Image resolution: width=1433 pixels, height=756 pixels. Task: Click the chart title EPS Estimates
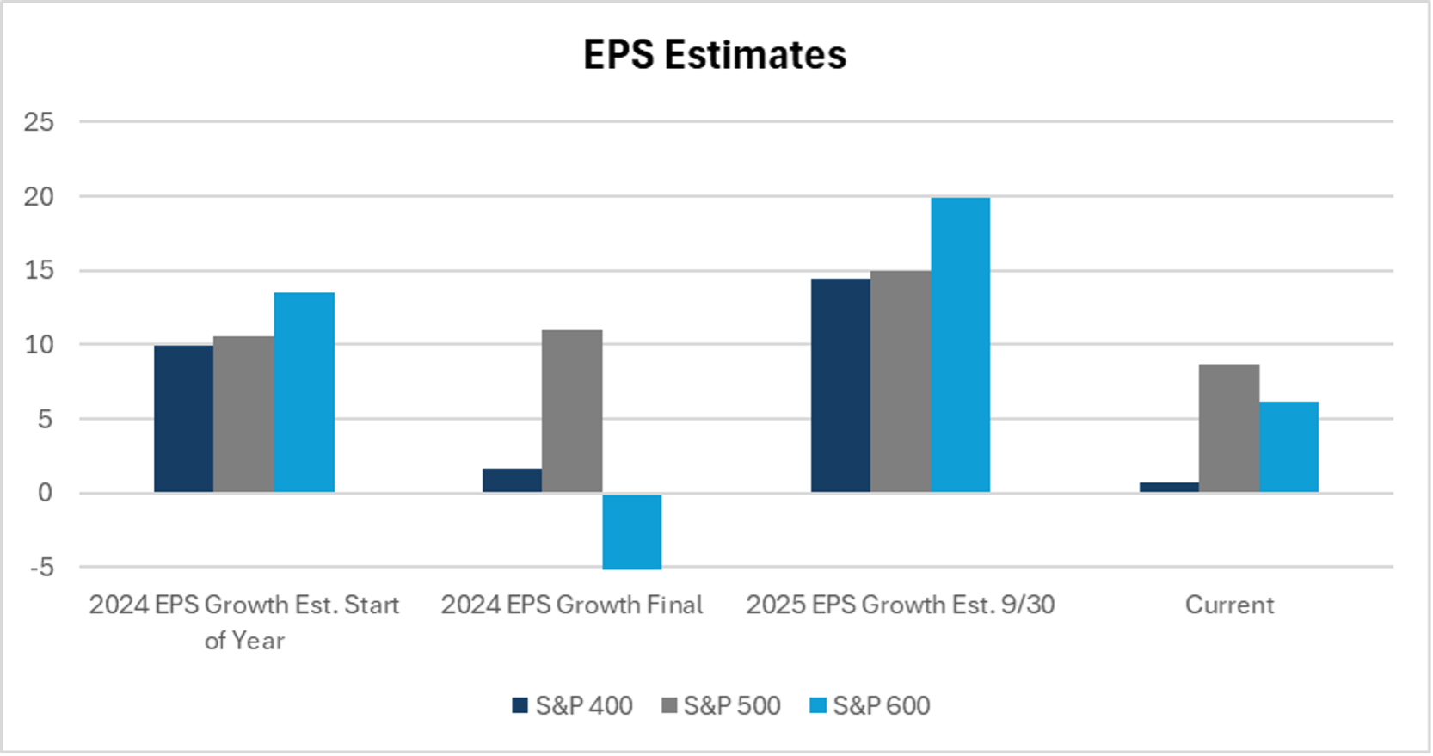pyautogui.click(x=715, y=54)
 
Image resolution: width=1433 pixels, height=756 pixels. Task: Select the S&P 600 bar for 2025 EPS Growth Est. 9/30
pyautogui.click(x=960, y=345)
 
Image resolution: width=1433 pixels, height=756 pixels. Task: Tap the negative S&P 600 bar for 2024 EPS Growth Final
pyautogui.click(x=632, y=532)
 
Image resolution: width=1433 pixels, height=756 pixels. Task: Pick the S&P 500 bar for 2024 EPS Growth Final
pyautogui.click(x=572, y=411)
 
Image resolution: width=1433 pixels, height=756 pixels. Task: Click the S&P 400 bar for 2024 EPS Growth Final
pyautogui.click(x=512, y=481)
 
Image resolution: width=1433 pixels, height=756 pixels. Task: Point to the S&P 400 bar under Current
pyautogui.click(x=1169, y=488)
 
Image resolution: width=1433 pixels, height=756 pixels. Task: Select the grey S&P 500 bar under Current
pyautogui.click(x=1229, y=428)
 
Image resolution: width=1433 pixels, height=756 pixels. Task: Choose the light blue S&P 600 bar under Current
pyautogui.click(x=1288, y=447)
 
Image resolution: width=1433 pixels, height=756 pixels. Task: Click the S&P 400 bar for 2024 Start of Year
pyautogui.click(x=184, y=419)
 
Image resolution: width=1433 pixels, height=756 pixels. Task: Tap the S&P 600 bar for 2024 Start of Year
pyautogui.click(x=304, y=393)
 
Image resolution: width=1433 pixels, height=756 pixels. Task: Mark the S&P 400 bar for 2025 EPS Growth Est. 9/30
pyautogui.click(x=840, y=385)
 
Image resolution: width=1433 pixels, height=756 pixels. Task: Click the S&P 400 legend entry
pyautogui.click(x=572, y=706)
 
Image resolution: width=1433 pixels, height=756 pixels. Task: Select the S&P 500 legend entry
pyautogui.click(x=721, y=706)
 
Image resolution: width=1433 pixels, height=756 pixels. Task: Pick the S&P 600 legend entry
pyautogui.click(x=870, y=706)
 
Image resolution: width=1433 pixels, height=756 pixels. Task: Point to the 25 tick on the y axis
pyautogui.click(x=39, y=122)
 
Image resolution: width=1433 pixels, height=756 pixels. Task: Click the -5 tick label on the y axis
pyautogui.click(x=41, y=568)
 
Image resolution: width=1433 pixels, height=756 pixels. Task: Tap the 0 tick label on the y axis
pyautogui.click(x=46, y=494)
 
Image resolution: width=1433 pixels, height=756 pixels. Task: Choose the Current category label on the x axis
pyautogui.click(x=1229, y=605)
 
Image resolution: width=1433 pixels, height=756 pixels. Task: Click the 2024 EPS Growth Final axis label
pyautogui.click(x=572, y=605)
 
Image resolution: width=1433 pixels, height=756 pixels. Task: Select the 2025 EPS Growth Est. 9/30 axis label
pyautogui.click(x=901, y=605)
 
